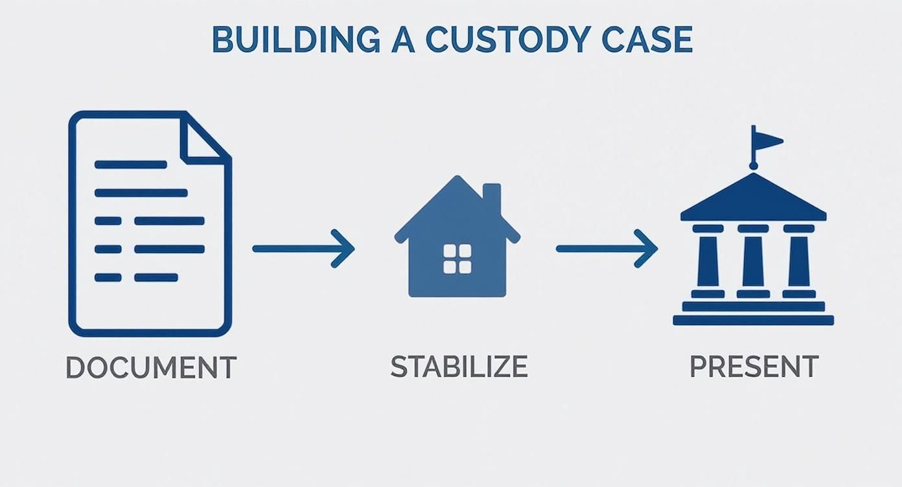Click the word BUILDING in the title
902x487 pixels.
coord(295,40)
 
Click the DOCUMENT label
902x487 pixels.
coord(151,368)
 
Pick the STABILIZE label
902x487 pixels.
coord(459,367)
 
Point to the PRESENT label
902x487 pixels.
coord(754,367)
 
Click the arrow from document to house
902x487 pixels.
coord(303,248)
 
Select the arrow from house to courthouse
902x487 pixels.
coord(607,248)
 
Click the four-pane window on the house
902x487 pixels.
coord(457,258)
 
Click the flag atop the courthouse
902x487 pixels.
coord(769,140)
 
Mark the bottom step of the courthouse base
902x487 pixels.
coord(753,320)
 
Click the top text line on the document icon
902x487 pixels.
coord(130,164)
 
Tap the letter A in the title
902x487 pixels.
coord(402,40)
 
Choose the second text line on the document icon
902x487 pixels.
coord(141,192)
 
